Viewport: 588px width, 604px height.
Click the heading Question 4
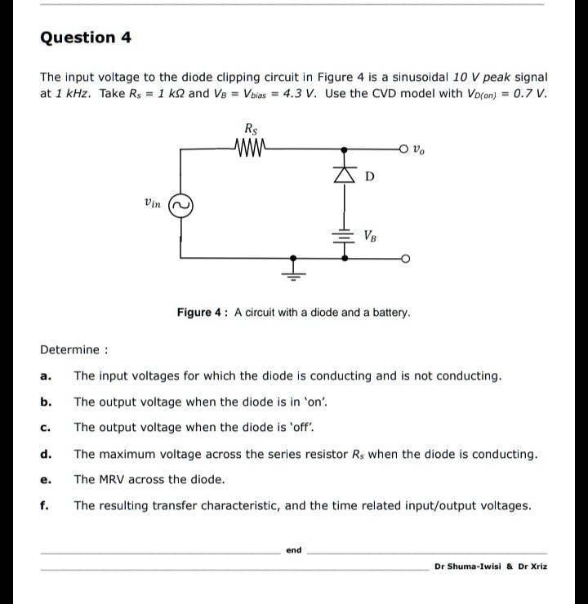point(86,38)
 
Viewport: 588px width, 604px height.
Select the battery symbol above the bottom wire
point(344,233)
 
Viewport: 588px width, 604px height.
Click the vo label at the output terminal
point(419,150)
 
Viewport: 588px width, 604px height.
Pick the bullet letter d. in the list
point(47,454)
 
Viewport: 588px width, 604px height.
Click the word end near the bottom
point(294,550)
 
